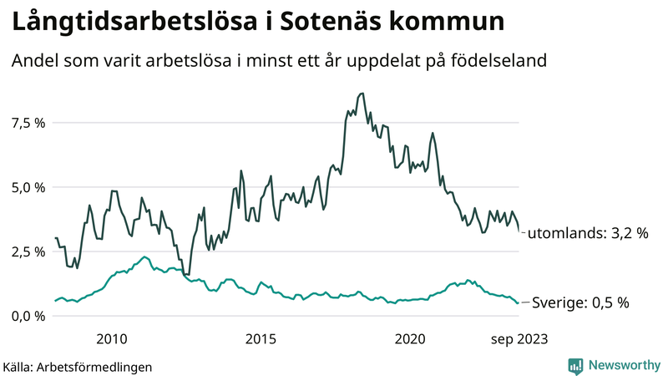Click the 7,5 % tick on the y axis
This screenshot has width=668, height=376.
[x=28, y=123]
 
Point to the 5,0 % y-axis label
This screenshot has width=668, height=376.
[x=28, y=187]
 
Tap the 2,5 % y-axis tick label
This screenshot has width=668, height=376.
[x=28, y=252]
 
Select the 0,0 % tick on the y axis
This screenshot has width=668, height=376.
[x=28, y=316]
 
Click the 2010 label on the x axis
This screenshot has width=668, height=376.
[x=112, y=338]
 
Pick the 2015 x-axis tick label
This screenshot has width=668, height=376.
[x=261, y=338]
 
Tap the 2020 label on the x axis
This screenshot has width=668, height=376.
[x=410, y=338]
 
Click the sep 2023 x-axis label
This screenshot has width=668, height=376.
[x=518, y=338]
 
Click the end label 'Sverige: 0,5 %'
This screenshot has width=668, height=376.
[x=579, y=302]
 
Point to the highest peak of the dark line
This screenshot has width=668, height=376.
[x=361, y=94]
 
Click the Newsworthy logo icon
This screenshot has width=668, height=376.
[x=575, y=365]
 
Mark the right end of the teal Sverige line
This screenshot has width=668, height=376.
[x=518, y=302]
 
